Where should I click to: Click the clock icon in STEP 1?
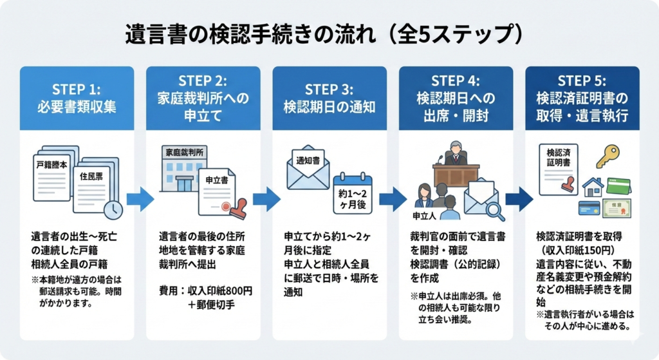[x=113, y=208]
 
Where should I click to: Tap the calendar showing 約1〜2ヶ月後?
[x=352, y=192]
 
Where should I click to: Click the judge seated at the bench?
[x=455, y=155]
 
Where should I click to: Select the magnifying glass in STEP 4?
[x=494, y=210]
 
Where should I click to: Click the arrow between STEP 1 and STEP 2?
[x=140, y=198]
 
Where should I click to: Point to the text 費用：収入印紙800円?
[x=205, y=290]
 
